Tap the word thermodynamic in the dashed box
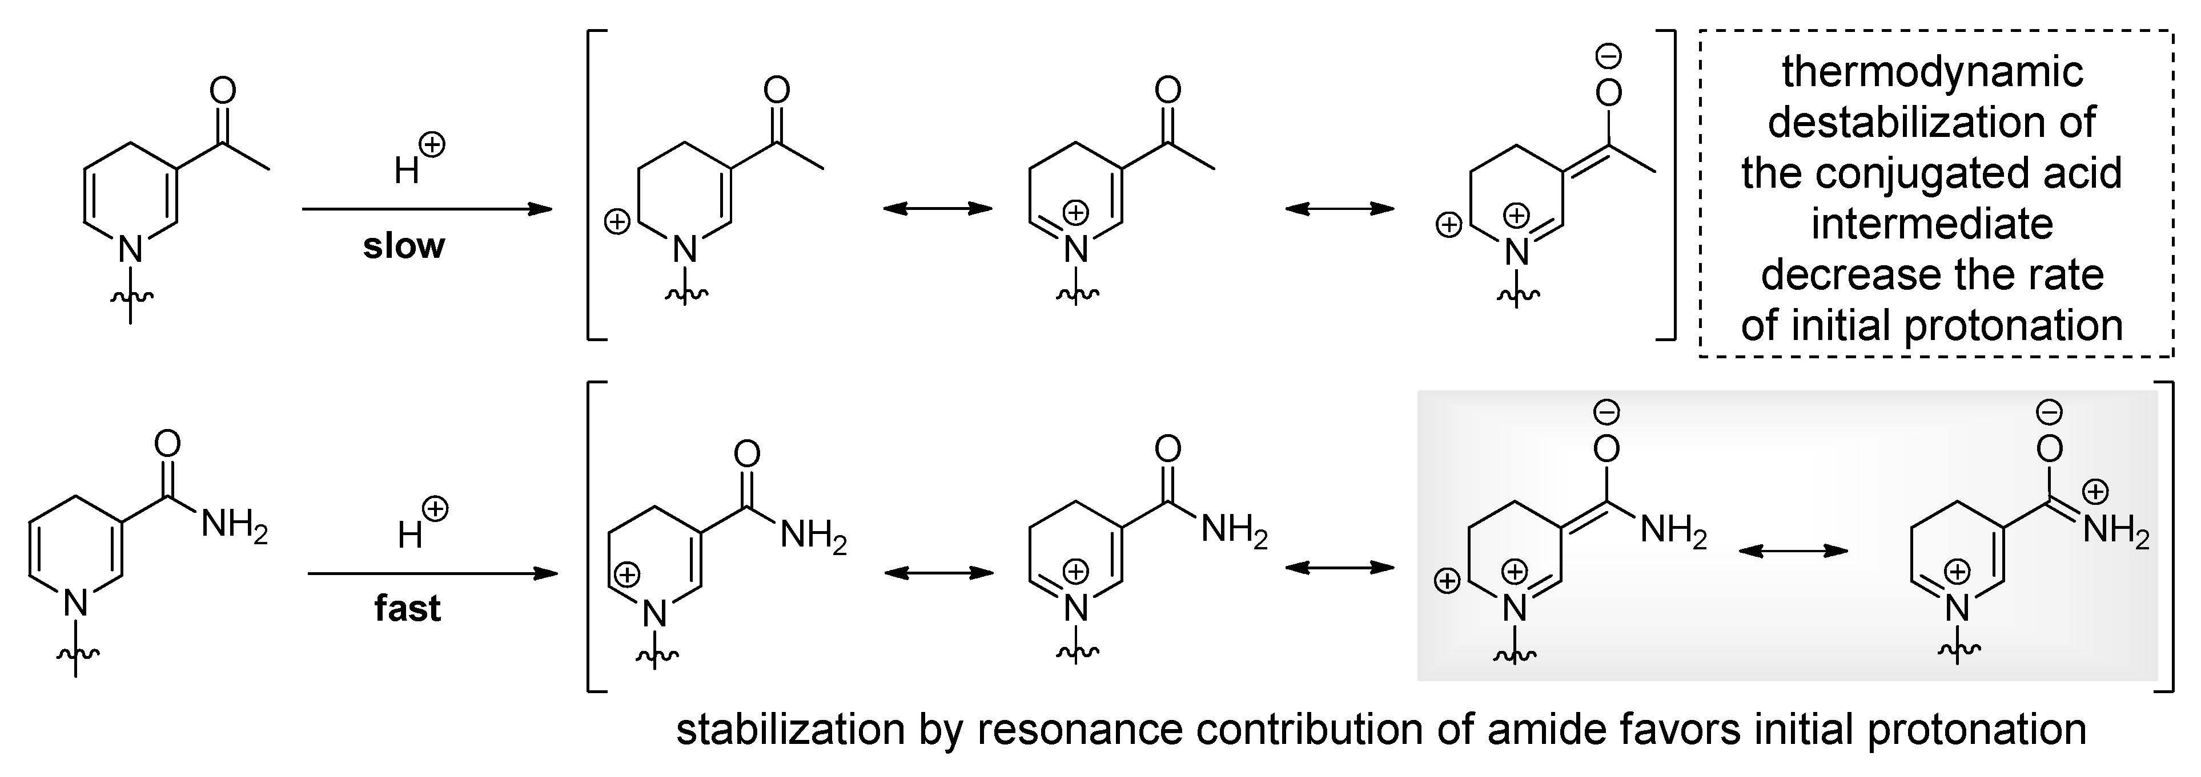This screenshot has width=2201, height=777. pyautogui.click(x=1933, y=72)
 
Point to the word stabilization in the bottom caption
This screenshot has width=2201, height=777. pyautogui.click(x=790, y=729)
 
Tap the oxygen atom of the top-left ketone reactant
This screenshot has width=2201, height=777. pyautogui.click(x=222, y=91)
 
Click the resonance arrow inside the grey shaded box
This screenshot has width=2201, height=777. pyautogui.click(x=1793, y=551)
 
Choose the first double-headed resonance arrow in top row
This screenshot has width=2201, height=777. pyautogui.click(x=937, y=208)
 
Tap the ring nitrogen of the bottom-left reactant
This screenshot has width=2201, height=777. pyautogui.click(x=76, y=604)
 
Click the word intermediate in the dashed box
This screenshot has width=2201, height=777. pyautogui.click(x=1932, y=224)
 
